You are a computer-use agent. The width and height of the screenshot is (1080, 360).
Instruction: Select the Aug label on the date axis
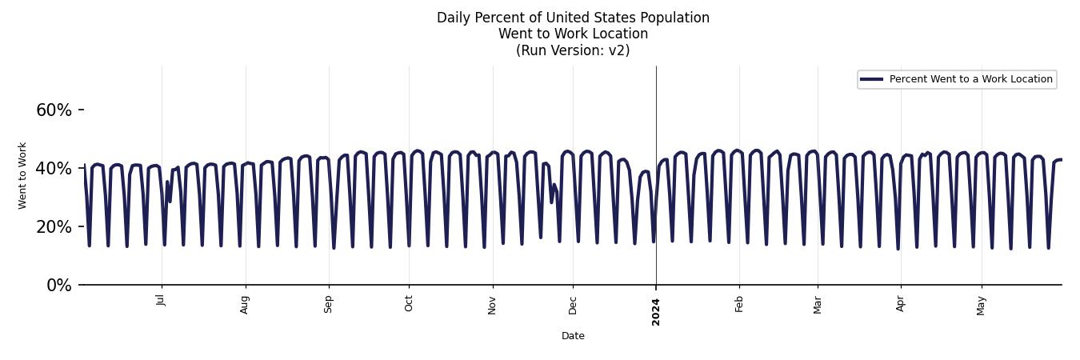click(x=245, y=304)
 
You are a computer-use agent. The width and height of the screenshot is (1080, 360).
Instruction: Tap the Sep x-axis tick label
click(x=328, y=304)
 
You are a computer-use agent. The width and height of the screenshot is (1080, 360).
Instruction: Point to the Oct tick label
click(x=409, y=303)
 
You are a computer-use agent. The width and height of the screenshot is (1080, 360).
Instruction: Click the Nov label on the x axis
click(x=492, y=304)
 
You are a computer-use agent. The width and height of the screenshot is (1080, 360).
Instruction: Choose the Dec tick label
click(x=573, y=304)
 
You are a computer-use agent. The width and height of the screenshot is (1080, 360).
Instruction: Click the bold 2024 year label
click(x=656, y=311)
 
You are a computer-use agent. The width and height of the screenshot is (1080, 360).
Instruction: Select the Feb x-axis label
click(x=739, y=303)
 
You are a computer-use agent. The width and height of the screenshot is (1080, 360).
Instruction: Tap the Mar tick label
click(x=818, y=304)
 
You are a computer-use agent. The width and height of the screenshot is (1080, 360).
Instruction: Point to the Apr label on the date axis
click(x=901, y=303)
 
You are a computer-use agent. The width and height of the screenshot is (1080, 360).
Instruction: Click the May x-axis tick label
click(x=982, y=305)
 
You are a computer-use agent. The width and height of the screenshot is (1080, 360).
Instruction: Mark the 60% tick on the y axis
click(x=54, y=110)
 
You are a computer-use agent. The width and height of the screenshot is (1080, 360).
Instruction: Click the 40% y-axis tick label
click(x=54, y=169)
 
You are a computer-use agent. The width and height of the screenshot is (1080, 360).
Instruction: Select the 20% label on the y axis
click(x=54, y=227)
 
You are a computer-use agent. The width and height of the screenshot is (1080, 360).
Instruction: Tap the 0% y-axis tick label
click(x=58, y=286)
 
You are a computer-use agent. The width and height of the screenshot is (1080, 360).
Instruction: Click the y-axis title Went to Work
click(x=22, y=175)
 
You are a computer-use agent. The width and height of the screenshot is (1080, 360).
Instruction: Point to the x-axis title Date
click(x=573, y=336)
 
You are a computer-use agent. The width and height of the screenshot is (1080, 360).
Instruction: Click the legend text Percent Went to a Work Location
click(x=970, y=79)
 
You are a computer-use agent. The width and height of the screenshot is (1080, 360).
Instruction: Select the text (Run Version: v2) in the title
click(x=573, y=50)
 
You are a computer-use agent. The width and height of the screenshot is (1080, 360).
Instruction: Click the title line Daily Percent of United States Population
click(x=573, y=18)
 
